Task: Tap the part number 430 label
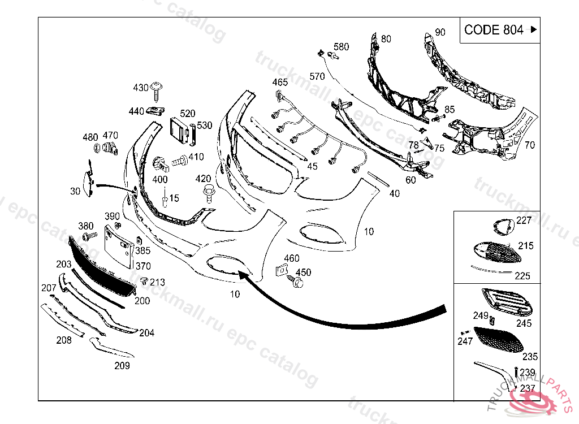click(x=141, y=88)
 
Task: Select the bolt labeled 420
click(x=208, y=192)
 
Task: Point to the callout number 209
click(x=122, y=366)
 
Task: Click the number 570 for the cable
click(x=317, y=76)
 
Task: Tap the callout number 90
click(x=440, y=32)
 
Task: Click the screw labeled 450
click(x=296, y=282)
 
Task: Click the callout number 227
click(x=524, y=220)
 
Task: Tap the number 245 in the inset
click(x=524, y=323)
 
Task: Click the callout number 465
click(x=280, y=83)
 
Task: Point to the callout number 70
click(x=529, y=145)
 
